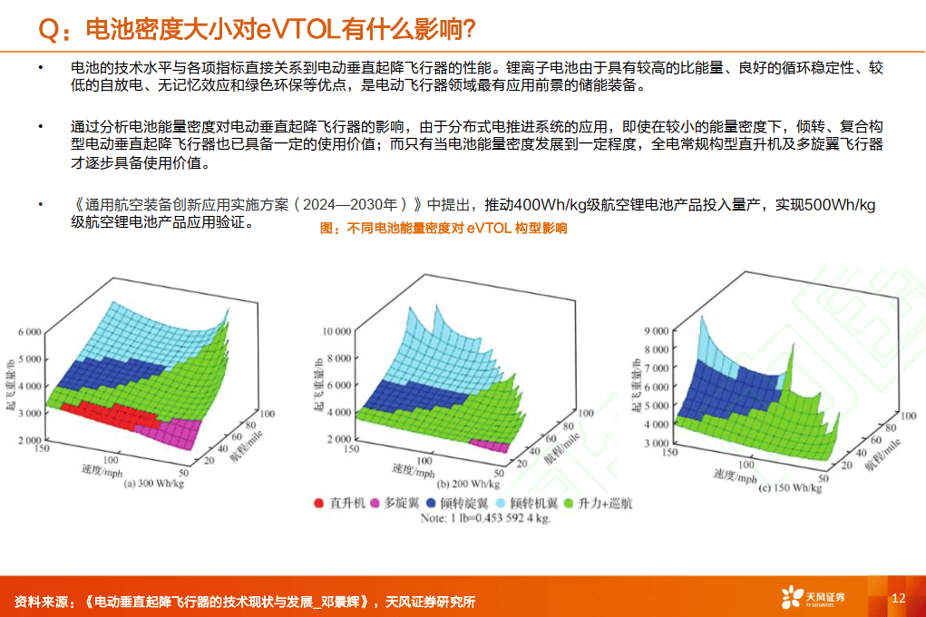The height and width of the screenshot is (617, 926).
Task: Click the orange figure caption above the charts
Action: [444, 229]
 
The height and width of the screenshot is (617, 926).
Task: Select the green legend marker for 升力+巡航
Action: [570, 502]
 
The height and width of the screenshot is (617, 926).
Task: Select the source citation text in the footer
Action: [245, 602]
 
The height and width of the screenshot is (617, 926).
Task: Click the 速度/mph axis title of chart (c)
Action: [736, 475]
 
